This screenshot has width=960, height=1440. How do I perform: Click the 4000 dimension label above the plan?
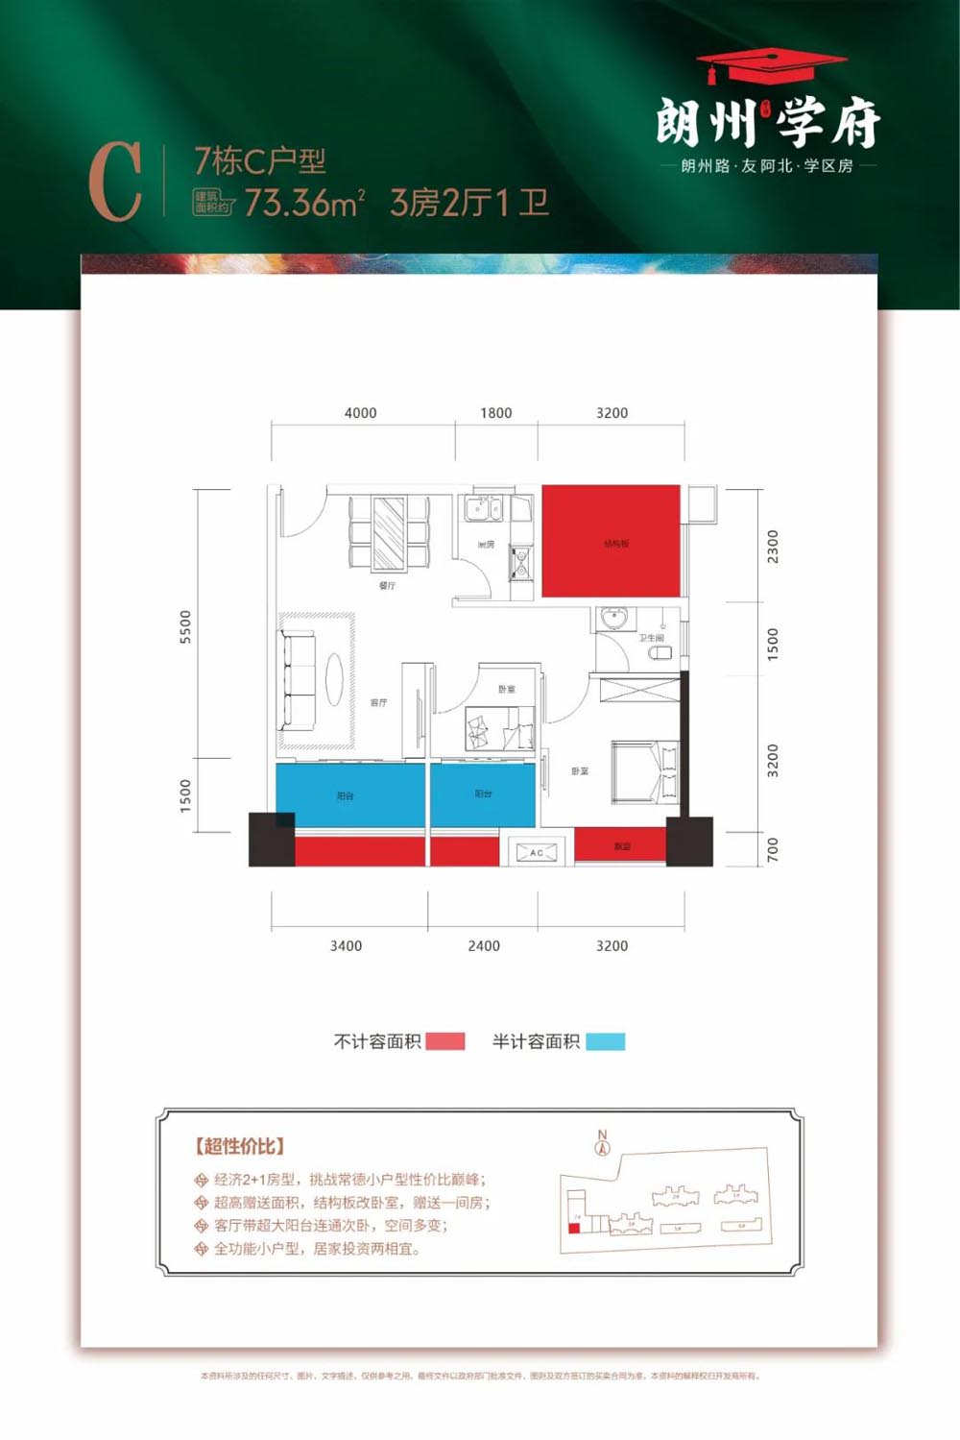(x=360, y=413)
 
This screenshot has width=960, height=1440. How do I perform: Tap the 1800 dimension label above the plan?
(x=495, y=413)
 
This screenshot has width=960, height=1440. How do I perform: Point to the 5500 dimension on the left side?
(x=185, y=626)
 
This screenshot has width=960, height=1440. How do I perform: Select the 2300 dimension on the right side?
(x=773, y=547)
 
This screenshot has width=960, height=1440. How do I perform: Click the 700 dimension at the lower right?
(x=773, y=849)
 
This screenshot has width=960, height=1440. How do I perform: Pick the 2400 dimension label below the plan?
(x=484, y=946)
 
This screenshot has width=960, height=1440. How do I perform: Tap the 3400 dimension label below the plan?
(x=346, y=946)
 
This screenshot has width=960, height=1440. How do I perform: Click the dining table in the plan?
(x=389, y=532)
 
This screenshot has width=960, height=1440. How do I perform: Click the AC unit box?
(x=536, y=852)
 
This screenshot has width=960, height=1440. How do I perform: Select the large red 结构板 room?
(x=612, y=541)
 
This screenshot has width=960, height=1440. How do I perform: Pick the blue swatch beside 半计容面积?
(x=605, y=1041)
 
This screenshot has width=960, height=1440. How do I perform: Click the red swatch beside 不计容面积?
(x=445, y=1041)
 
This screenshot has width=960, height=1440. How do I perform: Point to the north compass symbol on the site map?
(x=603, y=1143)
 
